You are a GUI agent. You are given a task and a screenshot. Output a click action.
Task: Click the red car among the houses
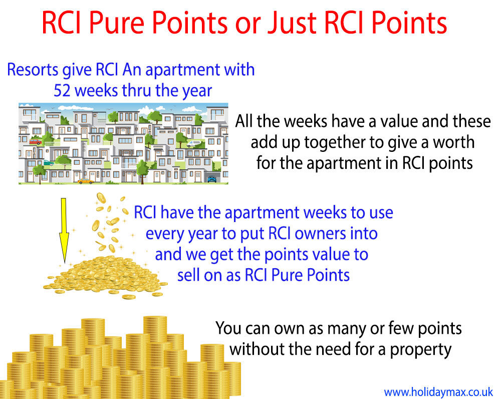(x=36, y=142)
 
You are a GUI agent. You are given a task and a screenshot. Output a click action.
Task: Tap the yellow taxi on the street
(x=86, y=181)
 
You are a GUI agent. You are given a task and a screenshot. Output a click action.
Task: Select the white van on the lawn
(x=194, y=144)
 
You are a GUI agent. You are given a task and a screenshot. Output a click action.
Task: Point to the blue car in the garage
(x=211, y=179)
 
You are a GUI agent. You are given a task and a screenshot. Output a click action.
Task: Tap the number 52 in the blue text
(x=62, y=91)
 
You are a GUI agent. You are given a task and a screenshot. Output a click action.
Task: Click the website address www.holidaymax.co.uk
(x=438, y=391)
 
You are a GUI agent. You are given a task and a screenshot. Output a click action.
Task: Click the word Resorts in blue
(x=33, y=70)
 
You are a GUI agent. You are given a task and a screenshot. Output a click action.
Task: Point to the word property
(x=420, y=349)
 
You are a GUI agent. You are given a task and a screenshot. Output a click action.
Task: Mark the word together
(x=334, y=142)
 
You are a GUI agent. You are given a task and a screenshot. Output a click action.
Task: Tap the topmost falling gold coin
(x=101, y=198)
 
